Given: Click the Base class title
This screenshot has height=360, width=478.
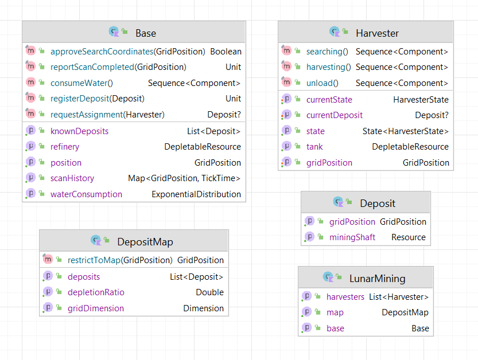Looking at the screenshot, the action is point(146,33).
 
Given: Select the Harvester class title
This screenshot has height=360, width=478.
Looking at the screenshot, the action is point(377,33).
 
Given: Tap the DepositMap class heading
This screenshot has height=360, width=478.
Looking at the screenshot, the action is point(145,242).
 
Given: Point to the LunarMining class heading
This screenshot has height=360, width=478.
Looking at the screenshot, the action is point(378,279).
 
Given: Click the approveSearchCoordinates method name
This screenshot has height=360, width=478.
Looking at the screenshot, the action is point(102,52).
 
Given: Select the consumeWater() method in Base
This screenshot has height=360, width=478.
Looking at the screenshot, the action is point(81,83).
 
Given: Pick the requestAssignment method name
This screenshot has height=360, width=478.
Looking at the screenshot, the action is point(87,115).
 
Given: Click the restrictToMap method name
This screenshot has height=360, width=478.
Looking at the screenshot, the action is point(94,260).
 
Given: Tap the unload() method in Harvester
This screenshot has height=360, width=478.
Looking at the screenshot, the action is point(322,83).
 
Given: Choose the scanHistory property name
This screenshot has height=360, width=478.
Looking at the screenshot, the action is point(72,178).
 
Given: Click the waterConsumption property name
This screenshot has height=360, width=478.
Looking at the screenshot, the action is point(86,194).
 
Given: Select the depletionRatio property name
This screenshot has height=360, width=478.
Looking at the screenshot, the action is point(96,292).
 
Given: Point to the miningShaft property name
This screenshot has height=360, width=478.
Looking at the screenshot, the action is point(352,237).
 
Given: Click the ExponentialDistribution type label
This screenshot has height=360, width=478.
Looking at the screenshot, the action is point(196,194).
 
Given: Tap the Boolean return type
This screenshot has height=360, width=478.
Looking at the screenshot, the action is point(226,52).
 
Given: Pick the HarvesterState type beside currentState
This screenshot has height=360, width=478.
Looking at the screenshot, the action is point(421,100).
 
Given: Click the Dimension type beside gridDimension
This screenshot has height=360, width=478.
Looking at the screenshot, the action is point(203,308).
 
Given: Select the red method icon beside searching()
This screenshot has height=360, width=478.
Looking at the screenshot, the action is point(286,50).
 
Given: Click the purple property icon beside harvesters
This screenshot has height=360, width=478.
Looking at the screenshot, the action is point(306,296).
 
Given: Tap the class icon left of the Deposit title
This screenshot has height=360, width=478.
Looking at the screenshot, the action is point(339,202).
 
